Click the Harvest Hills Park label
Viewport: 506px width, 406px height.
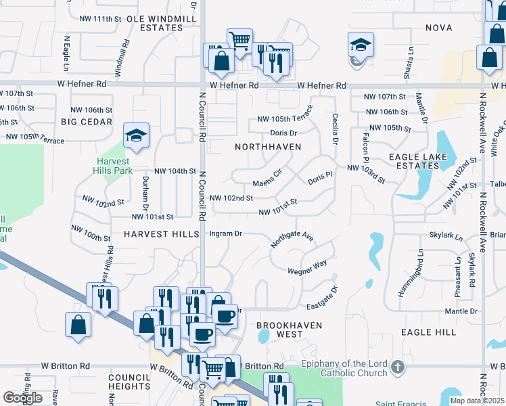(x=114, y=166)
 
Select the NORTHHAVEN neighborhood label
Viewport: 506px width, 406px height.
(x=267, y=146)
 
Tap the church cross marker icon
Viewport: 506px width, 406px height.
(x=398, y=369)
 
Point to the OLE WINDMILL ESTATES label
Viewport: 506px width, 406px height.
(x=155, y=23)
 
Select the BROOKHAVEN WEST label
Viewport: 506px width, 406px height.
(x=280, y=330)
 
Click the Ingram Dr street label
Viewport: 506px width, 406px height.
(x=226, y=233)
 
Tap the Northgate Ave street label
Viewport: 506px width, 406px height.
(x=292, y=238)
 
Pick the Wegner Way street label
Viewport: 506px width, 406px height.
(x=307, y=266)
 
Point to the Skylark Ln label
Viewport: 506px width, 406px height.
(x=446, y=238)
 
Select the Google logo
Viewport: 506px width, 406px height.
(x=23, y=397)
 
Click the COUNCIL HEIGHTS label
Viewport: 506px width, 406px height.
(x=129, y=382)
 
